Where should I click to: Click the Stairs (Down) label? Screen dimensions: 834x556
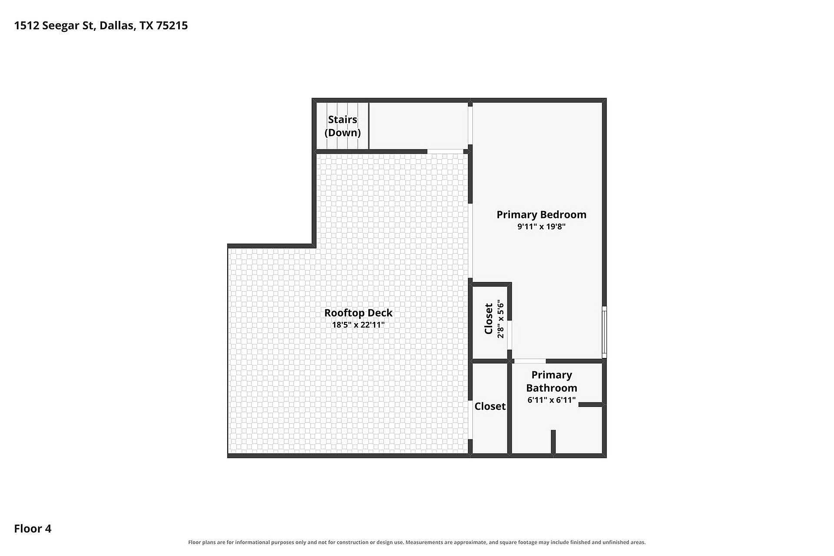(343, 126)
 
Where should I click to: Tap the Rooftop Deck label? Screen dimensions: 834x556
(358, 313)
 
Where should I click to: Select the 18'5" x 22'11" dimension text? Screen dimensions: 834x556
(358, 324)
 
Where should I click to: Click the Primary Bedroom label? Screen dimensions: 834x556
(541, 215)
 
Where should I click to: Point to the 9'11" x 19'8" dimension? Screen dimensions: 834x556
(541, 226)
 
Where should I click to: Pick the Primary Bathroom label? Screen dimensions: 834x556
(552, 381)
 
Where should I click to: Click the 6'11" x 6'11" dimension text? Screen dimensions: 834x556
(552, 400)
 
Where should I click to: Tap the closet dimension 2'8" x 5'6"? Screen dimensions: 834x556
(501, 319)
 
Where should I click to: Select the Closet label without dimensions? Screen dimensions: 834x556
(490, 406)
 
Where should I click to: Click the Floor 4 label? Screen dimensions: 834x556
(33, 529)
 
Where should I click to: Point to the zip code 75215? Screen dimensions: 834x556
(172, 26)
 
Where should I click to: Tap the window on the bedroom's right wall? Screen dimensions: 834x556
(604, 332)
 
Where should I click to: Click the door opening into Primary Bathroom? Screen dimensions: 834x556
(530, 361)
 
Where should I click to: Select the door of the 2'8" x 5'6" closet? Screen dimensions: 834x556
(510, 335)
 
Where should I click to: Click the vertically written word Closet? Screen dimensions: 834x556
(489, 319)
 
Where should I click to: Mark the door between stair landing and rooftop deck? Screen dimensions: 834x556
(445, 152)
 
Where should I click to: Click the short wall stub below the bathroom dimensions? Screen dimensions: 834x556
(553, 442)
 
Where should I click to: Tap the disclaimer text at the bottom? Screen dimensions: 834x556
(417, 542)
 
